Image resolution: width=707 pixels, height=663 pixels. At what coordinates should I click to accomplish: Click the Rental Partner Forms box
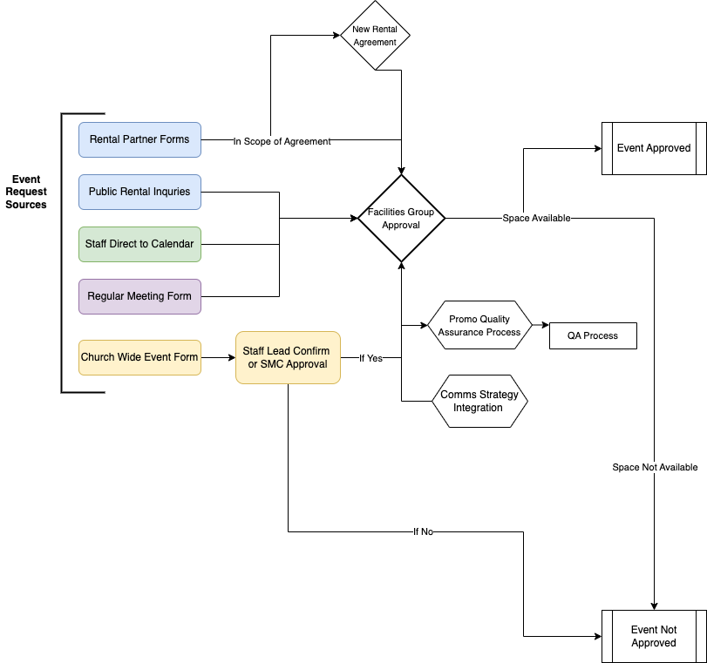coord(139,139)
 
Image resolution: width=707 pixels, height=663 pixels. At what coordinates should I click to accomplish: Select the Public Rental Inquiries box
coord(139,192)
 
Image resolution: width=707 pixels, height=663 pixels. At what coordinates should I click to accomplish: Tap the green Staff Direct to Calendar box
coord(139,244)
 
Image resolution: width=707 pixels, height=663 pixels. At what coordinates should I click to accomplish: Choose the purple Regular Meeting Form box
coord(139,296)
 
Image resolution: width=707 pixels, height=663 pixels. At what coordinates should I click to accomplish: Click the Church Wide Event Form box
coord(139,357)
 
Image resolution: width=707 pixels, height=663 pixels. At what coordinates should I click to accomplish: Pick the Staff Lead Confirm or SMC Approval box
coord(287,357)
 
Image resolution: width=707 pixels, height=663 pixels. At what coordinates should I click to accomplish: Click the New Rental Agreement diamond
coord(375,36)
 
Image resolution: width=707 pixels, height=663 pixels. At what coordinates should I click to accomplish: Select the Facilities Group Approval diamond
coord(401,218)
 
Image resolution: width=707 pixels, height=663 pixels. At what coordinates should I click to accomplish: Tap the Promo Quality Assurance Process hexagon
coord(479,326)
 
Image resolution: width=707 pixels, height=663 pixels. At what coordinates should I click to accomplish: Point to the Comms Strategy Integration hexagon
coord(479,401)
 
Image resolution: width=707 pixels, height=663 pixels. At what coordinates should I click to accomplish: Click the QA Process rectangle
coord(593,335)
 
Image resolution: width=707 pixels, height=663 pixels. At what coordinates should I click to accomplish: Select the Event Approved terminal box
coord(654,148)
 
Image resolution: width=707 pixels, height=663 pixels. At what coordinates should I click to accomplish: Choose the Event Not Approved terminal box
coord(654,636)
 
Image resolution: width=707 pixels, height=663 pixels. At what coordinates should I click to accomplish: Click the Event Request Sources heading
coord(26,192)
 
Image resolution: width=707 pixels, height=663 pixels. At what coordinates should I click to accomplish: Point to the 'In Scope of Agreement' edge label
coord(282,141)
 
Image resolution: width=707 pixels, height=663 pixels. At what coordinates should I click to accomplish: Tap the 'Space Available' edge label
coord(536,218)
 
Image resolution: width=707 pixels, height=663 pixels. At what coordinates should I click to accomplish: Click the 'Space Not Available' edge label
coord(655,467)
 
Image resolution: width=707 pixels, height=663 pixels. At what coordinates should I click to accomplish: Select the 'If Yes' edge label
coord(370,358)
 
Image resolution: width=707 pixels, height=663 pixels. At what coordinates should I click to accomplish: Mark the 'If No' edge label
coord(423,531)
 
